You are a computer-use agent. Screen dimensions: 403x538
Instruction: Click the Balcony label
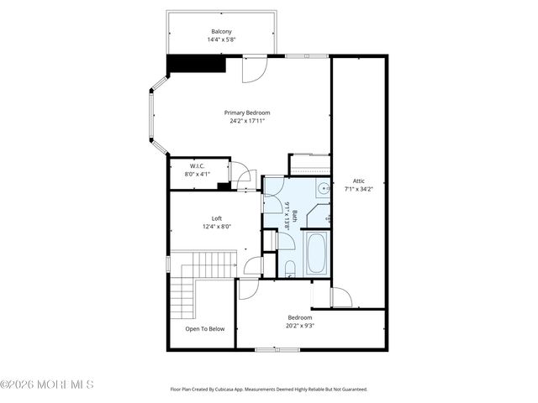[x=222, y=31]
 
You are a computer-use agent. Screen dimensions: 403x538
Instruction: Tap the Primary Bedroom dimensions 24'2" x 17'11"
[x=247, y=121]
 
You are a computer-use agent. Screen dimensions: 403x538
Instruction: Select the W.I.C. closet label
[x=197, y=166]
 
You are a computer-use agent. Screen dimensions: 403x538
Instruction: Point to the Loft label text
[x=216, y=218]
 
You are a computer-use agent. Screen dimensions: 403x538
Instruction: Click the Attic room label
[x=358, y=181]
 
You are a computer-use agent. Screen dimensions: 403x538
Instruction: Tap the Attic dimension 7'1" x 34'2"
[x=358, y=189]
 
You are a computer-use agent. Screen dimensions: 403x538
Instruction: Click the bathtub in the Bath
[x=316, y=254]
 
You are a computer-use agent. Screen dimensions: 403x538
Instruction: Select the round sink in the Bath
[x=322, y=188]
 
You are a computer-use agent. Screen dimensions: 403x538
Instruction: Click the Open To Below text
[x=205, y=328]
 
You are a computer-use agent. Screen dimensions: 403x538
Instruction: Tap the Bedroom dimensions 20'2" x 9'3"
[x=300, y=326]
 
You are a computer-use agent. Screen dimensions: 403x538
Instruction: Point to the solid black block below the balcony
[x=195, y=65]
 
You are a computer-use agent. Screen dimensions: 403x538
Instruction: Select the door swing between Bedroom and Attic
[x=340, y=297]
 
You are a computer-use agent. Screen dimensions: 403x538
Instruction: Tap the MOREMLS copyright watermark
[x=47, y=385]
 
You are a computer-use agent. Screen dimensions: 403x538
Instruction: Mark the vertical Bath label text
[x=290, y=216]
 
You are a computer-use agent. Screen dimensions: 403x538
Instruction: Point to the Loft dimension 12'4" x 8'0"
[x=216, y=227]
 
